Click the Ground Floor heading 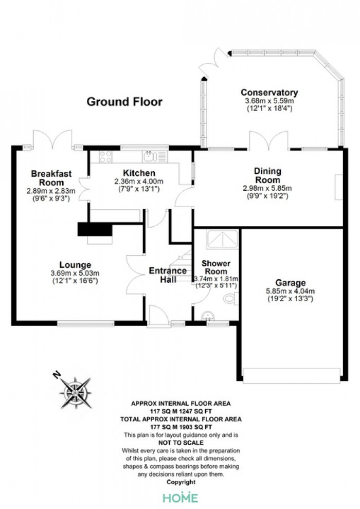point(124,102)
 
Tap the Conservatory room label point(269,93)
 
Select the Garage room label point(290,283)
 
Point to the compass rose point(75,393)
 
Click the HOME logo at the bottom point(181,498)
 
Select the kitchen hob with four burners point(106,157)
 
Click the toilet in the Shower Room point(231,298)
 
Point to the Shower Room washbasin point(207,316)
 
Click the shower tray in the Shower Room point(222,239)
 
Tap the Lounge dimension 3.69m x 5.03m point(75,273)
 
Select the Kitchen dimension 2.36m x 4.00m point(139,181)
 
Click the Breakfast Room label point(51,178)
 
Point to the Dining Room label point(267,175)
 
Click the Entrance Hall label point(168,275)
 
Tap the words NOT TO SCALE point(181,443)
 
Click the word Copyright point(181,482)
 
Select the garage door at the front point(292,376)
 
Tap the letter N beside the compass point(57,376)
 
